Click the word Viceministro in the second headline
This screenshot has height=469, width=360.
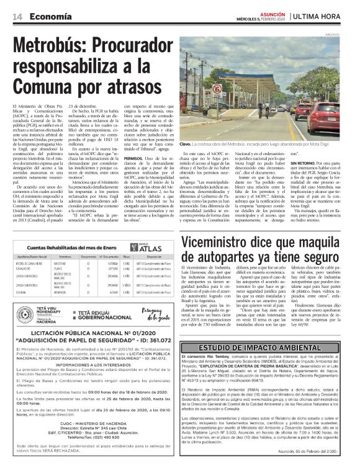pos(222,225)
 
